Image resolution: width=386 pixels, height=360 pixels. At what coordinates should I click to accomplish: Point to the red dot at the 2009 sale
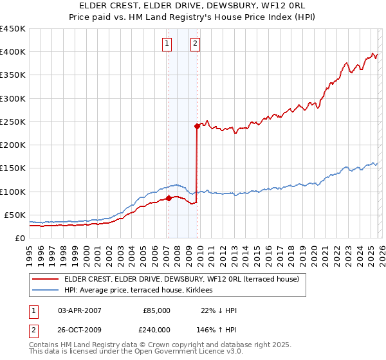point(197,126)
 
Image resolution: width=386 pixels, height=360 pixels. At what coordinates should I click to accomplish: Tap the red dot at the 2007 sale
point(169,198)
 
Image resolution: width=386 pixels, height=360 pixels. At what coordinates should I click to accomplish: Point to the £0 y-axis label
point(19,238)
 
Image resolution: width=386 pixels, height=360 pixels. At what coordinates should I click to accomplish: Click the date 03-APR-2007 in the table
point(80,310)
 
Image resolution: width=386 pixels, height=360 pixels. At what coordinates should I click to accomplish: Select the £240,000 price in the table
point(156,329)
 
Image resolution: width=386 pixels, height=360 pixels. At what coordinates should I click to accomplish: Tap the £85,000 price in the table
point(156,310)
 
